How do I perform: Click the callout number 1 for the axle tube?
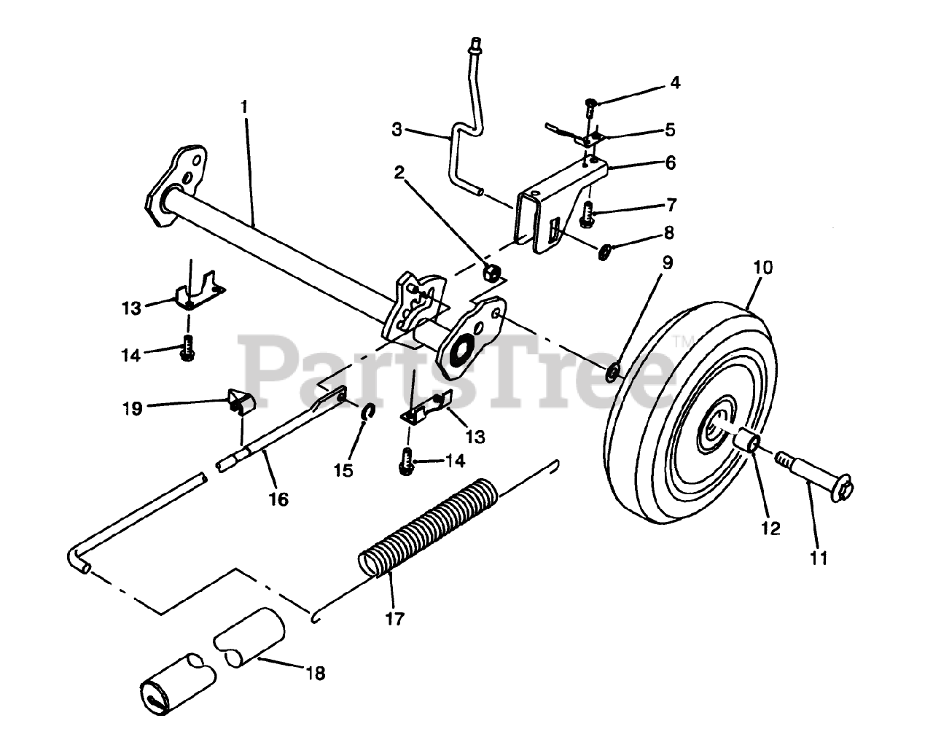245,106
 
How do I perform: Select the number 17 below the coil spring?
395,619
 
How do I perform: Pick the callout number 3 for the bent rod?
397,130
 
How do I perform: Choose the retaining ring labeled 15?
369,412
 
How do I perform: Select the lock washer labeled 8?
605,252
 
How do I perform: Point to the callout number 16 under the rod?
278,499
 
